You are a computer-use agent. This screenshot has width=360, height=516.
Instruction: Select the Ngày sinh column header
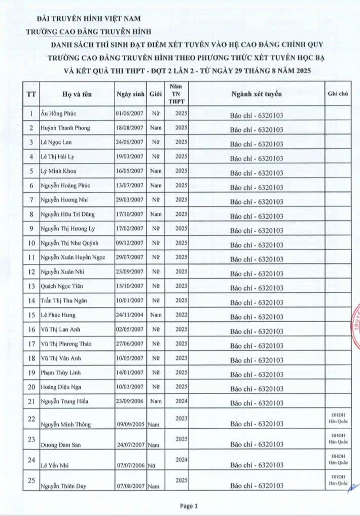point(130,94)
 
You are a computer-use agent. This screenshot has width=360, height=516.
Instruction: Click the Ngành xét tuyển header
point(256,94)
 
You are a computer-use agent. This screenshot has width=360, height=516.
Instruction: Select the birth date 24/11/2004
point(130,315)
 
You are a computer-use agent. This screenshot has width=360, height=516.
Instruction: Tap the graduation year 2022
point(181,315)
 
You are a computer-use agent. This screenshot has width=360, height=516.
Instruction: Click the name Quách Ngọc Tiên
point(62,286)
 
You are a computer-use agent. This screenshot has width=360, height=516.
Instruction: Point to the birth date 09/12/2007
point(130,243)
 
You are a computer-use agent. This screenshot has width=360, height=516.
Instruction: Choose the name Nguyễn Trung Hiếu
point(64,401)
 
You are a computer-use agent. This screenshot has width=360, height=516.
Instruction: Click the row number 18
point(31,358)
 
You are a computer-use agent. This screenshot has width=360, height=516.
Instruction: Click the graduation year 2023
point(181,418)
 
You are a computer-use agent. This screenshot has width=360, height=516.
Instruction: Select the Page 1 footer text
point(189,505)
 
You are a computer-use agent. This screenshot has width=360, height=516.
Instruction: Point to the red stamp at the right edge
point(354,325)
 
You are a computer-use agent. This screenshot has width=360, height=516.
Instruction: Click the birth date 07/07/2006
point(130,465)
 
